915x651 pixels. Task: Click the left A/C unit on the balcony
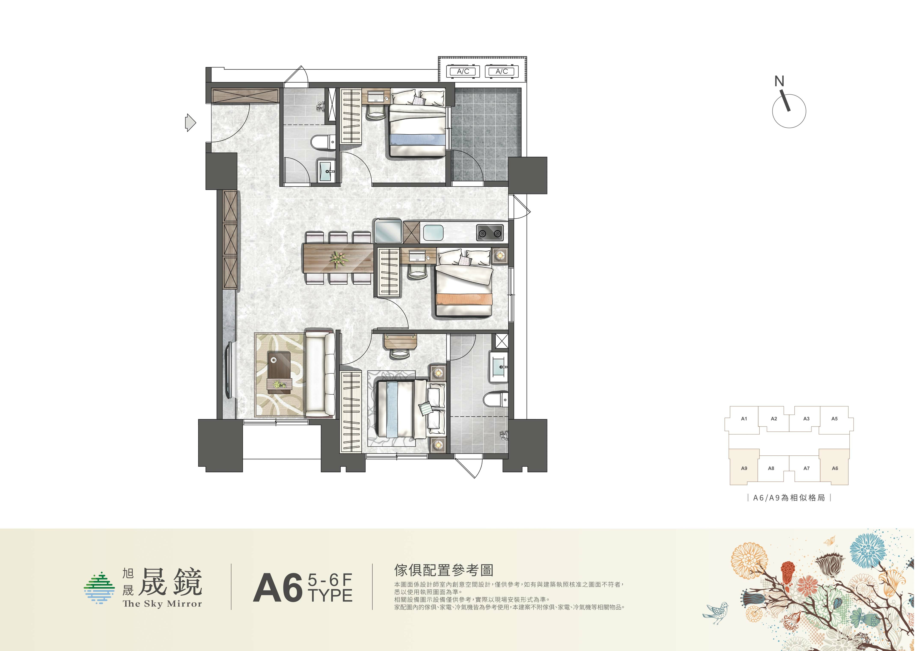pos(463,71)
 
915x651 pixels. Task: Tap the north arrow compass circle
pos(789,111)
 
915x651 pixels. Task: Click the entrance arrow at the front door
pos(190,123)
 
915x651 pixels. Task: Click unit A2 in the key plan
pos(774,419)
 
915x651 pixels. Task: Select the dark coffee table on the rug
pos(279,371)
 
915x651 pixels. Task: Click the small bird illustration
pos(716,612)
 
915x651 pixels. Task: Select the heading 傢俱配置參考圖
pos(444,570)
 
